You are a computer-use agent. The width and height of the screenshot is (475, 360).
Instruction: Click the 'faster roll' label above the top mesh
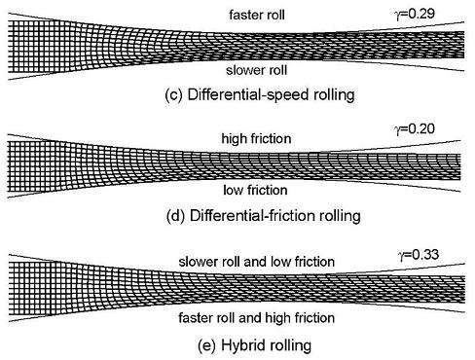click(257, 15)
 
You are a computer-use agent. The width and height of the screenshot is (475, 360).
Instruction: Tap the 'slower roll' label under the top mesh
click(256, 70)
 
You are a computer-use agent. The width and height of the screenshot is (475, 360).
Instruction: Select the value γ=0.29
click(416, 14)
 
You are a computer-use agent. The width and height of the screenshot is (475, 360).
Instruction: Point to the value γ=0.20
click(415, 129)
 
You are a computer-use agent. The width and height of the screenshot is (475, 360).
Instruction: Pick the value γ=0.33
click(419, 255)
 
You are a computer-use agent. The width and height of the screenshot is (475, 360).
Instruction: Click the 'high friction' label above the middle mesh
click(256, 139)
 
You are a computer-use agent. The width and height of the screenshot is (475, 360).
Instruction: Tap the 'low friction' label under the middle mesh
click(255, 190)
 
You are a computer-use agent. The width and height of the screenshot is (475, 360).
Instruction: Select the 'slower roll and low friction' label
click(256, 262)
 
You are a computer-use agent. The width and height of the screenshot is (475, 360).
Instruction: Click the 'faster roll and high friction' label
click(256, 318)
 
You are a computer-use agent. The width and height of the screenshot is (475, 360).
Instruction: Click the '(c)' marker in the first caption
click(173, 95)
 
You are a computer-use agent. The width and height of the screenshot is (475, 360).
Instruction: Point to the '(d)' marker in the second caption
click(175, 216)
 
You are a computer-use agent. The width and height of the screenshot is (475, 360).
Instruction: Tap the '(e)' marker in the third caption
click(206, 345)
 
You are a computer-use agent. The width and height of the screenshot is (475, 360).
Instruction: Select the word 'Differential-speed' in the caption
click(248, 95)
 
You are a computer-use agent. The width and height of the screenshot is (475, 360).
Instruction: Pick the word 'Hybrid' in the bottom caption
click(243, 345)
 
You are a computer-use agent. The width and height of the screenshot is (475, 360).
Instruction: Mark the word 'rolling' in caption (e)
click(290, 345)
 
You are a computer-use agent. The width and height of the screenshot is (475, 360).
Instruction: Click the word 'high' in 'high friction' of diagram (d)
click(234, 139)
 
